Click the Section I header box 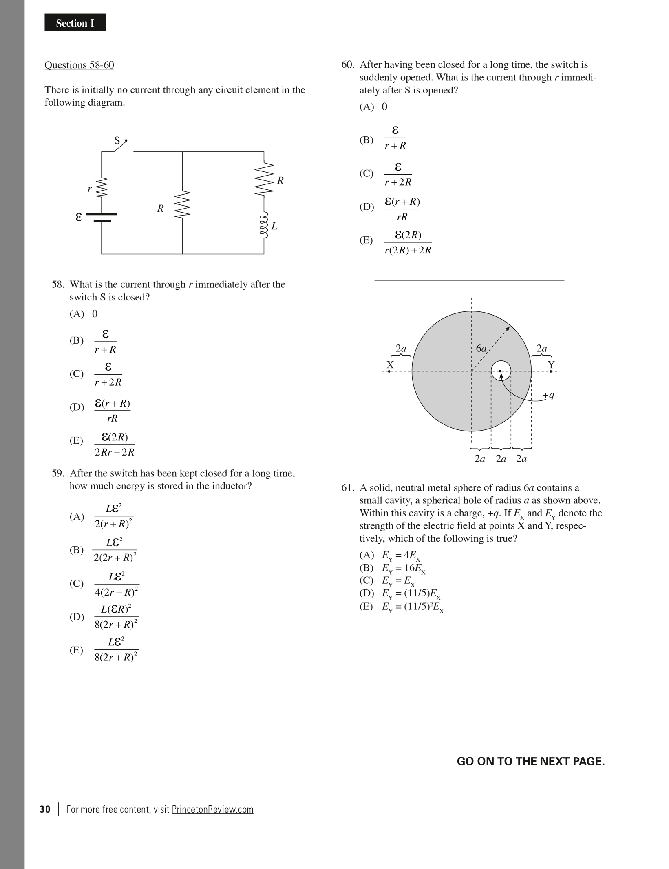point(75,23)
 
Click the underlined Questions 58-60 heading point(79,65)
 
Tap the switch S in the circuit point(120,146)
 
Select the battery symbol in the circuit point(102,217)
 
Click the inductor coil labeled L point(264,225)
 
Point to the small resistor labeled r point(102,188)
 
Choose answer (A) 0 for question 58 point(84,313)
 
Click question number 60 point(347,65)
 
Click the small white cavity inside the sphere point(501,371)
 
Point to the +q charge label point(548,395)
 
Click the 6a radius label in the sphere point(481,349)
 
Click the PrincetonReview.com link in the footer point(212,809)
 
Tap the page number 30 point(45,809)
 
